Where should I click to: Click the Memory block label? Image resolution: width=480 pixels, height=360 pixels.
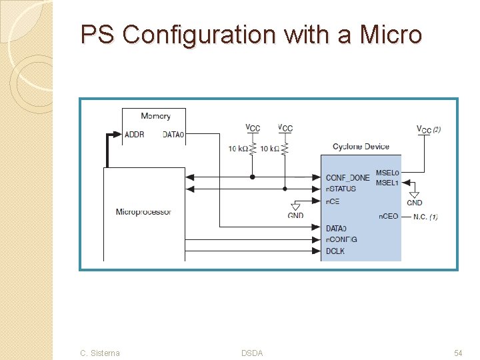coord(155,116)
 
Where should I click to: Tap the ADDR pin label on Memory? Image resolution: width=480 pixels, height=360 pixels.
coord(134,135)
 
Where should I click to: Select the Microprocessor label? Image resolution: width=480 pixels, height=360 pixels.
coord(143,212)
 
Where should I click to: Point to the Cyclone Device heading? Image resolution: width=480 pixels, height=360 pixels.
coord(361,147)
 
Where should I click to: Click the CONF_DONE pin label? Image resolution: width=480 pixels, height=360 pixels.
coord(347,177)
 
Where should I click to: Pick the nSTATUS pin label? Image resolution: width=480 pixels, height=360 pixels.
coord(341,189)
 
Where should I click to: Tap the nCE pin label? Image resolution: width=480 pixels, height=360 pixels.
coord(333,201)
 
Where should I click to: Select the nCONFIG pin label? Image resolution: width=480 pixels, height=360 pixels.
coord(341,239)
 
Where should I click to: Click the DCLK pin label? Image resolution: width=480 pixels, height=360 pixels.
coord(335,251)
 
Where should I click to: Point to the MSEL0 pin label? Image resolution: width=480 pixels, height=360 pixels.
coord(387,173)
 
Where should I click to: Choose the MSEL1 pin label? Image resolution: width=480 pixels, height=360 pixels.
coord(387,183)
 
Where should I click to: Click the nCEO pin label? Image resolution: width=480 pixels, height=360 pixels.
coord(388,217)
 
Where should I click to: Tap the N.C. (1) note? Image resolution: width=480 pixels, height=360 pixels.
coord(425,217)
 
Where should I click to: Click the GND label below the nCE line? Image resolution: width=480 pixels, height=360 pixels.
coord(295,215)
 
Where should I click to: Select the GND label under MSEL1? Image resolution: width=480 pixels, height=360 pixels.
coord(414,203)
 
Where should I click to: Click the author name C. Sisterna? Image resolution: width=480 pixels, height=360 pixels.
coord(100,353)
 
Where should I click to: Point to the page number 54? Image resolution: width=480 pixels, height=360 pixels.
coord(458,353)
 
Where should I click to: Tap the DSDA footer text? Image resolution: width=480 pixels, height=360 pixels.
coord(252,353)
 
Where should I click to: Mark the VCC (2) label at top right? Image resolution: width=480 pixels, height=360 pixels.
coord(428,129)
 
